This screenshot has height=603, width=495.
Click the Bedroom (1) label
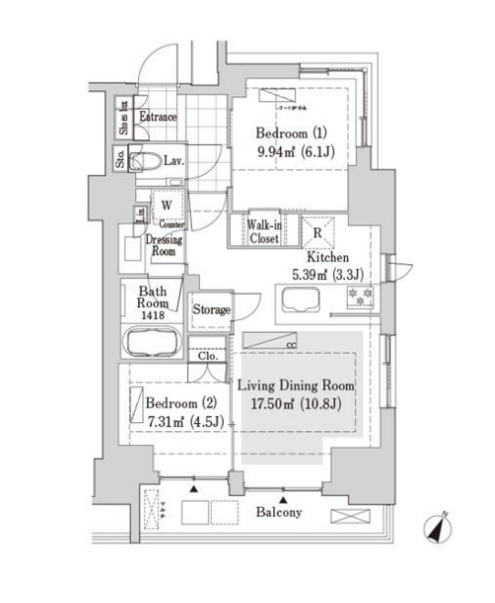(282, 133)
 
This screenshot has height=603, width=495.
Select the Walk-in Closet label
(263, 231)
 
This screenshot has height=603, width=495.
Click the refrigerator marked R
(317, 233)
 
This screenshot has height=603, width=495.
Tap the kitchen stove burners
(360, 296)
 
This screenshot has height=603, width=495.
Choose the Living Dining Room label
(295, 385)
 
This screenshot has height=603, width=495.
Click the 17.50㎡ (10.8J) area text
(295, 404)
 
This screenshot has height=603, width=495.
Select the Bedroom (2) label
(180, 404)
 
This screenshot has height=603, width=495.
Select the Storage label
(211, 310)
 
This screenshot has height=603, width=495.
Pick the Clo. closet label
(209, 356)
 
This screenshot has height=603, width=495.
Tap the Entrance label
(157, 118)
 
